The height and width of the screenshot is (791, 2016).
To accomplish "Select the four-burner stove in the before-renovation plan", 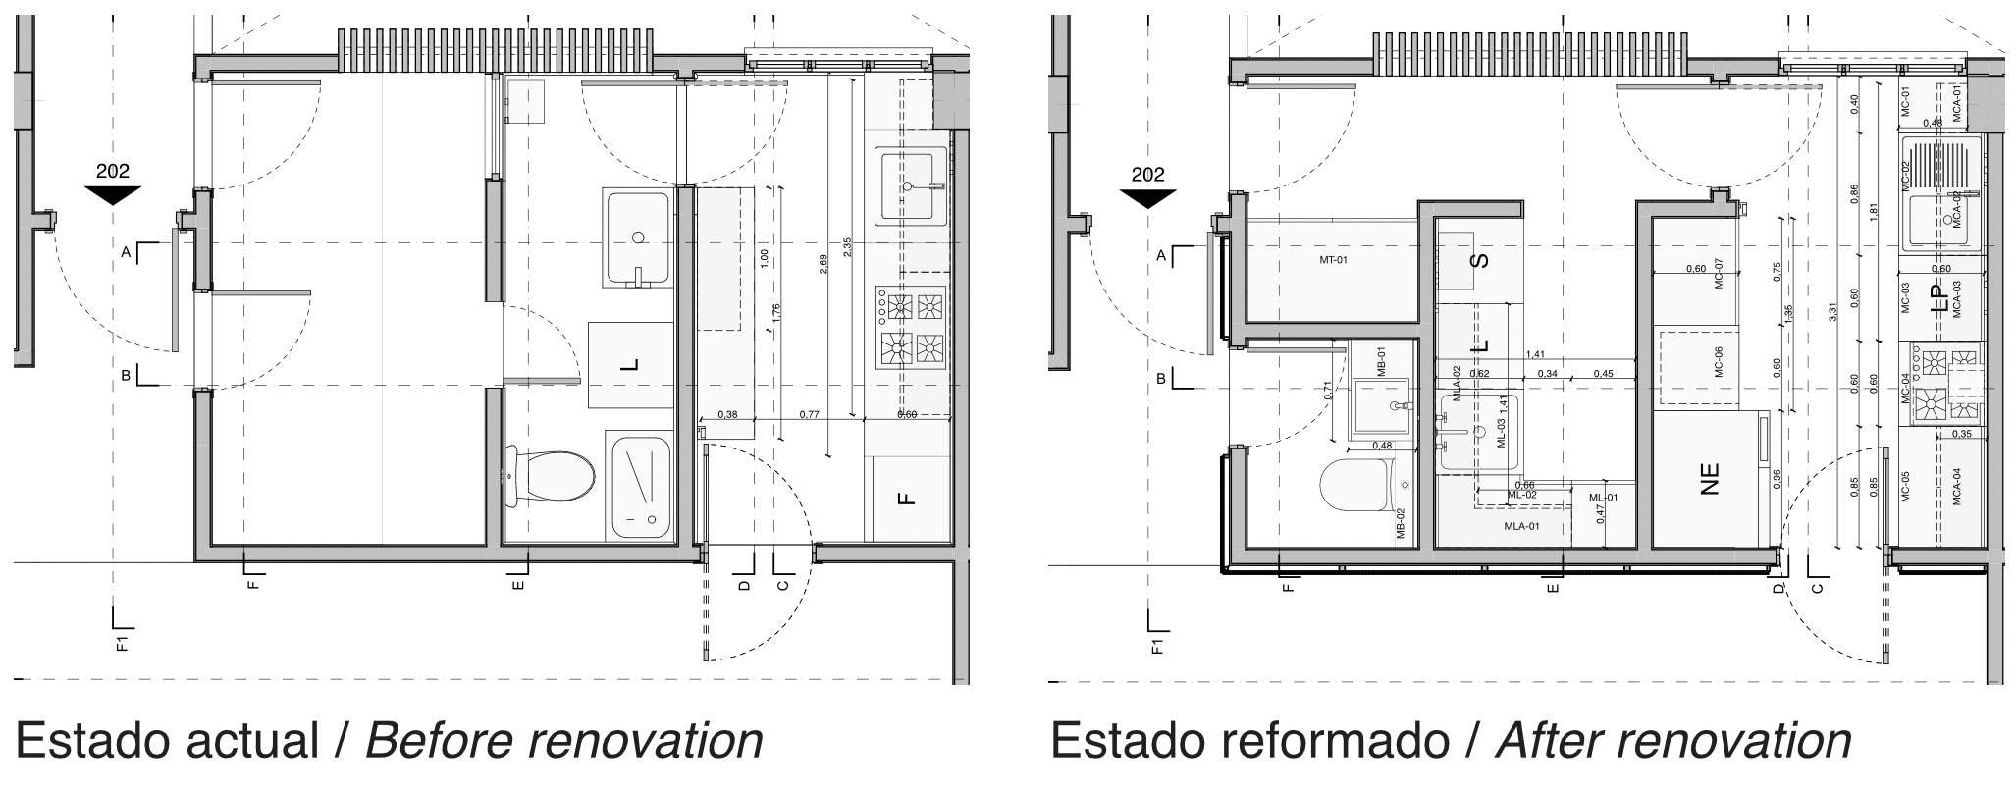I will point(911,327).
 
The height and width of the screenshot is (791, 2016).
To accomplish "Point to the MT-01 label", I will point(1333,261).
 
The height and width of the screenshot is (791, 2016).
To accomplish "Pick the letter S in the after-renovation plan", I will point(1481,260).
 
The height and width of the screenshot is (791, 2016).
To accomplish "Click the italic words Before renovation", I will point(564,741).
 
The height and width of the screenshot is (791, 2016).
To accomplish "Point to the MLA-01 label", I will point(1521,526).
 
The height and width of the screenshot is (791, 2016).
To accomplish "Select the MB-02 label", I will point(1401,524).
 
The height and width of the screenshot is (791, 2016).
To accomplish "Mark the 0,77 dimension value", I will point(810,415).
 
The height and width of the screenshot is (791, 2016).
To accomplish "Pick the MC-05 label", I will point(1905,488).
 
